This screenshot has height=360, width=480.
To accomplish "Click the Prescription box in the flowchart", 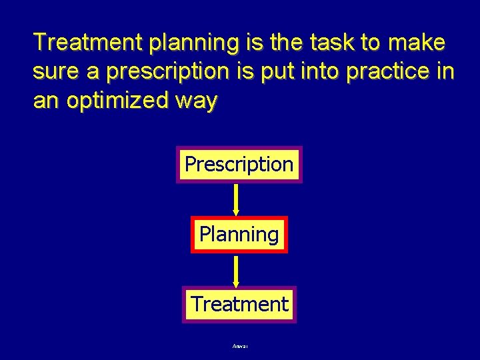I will pos(239,164).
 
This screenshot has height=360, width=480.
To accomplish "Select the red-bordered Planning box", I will pos(239,235).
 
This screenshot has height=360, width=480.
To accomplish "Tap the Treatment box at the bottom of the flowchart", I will pos(239,305).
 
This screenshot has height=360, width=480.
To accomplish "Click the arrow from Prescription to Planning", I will pos(236,199).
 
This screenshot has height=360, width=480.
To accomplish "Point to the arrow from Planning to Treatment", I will pos(236,270).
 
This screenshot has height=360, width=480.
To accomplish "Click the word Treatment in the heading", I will pos(90,43).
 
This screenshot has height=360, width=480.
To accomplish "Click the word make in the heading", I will pos(416,43).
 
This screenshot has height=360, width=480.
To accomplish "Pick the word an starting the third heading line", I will pos(45,101).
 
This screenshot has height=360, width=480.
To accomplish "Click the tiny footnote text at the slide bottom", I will pos(239,346).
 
